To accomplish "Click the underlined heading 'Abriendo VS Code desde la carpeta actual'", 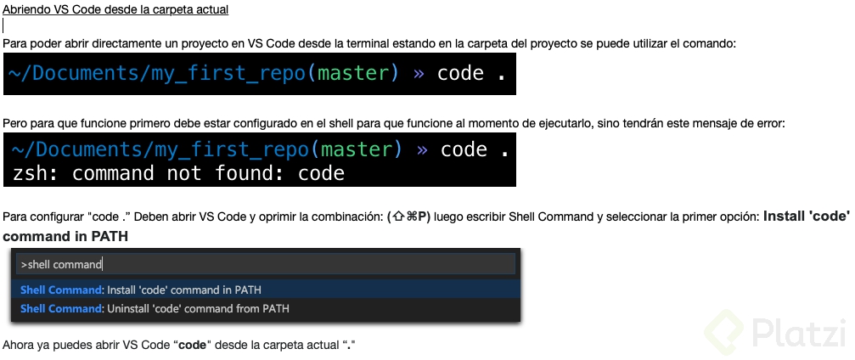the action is pos(115,9).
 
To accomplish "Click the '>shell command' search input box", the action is pos(266,265).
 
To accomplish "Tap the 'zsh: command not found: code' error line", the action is pos(178,173).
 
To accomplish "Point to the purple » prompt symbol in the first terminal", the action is pos(419,74).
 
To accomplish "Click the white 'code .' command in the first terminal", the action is pos(472,73).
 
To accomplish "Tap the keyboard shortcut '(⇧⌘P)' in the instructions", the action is pos(409,217).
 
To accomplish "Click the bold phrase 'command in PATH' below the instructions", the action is pos(65,237).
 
